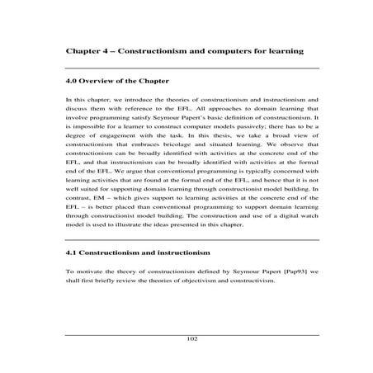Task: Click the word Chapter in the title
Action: (83, 51)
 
